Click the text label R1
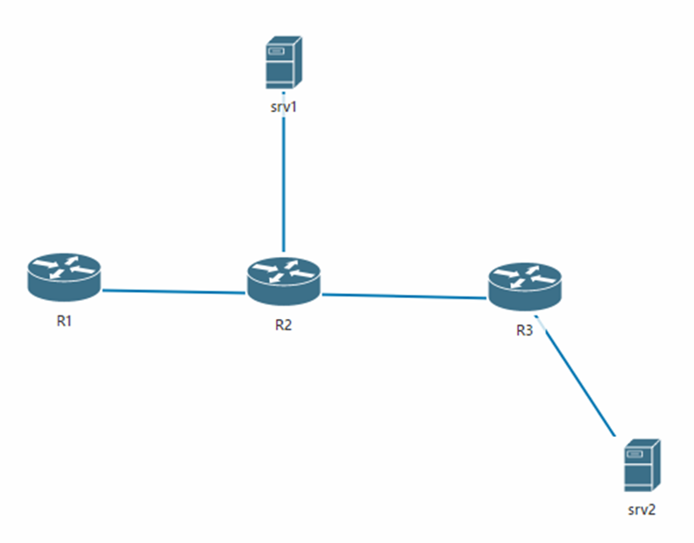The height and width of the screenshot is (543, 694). click(64, 322)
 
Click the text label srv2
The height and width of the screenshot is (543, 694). click(641, 509)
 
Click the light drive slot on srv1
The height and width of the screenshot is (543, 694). click(276, 53)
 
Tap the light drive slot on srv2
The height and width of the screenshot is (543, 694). click(634, 454)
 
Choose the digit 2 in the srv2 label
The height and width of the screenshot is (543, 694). click(653, 509)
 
